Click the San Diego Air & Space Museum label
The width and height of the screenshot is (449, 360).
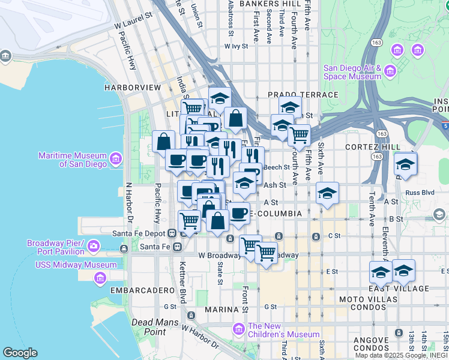[352, 72]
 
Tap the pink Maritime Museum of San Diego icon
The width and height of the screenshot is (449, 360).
[115, 159]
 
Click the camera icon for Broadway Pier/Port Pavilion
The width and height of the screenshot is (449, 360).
[94, 245]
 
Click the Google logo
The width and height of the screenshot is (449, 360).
[20, 353]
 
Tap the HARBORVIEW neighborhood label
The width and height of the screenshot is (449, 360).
[133, 88]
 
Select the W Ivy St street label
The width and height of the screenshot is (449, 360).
[236, 46]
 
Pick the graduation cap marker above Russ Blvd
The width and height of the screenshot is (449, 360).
[406, 164]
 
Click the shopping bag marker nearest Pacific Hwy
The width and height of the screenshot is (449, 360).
[163, 142]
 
